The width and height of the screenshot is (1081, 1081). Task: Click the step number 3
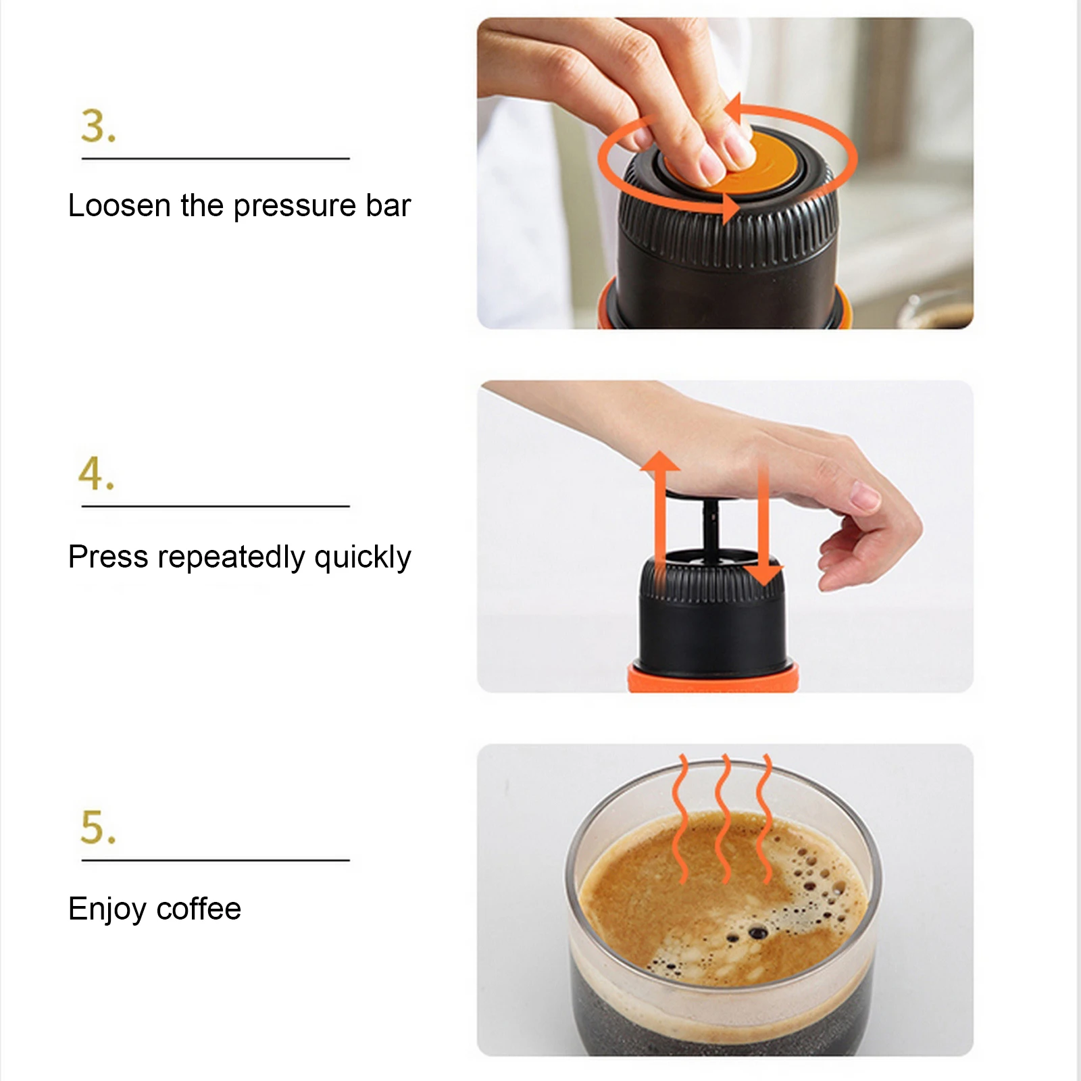tap(98, 126)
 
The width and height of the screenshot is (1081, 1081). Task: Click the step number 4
tap(97, 473)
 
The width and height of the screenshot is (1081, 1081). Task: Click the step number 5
tap(98, 828)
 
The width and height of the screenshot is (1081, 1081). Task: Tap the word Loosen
tap(120, 205)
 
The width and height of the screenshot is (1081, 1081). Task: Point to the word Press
tap(108, 557)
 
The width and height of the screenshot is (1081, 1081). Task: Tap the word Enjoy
tap(107, 909)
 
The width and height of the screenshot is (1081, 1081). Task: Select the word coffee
tap(199, 909)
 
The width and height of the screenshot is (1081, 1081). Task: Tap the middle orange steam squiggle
tap(724, 818)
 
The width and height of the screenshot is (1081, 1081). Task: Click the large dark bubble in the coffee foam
tap(757, 933)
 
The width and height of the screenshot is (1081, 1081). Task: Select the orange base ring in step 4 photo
tap(713, 678)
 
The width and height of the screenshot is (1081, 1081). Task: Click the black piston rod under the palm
tap(710, 534)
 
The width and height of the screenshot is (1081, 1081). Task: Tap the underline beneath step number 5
tap(216, 860)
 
